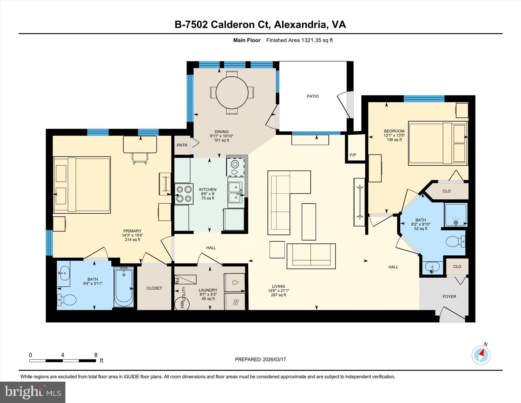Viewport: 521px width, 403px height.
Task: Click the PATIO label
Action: [x=313, y=96]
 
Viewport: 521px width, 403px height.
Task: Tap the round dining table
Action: [x=232, y=92]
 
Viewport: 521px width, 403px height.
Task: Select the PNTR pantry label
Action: [x=182, y=145]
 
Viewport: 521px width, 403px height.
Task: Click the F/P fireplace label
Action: [x=353, y=155]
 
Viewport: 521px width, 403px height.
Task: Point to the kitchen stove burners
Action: [x=184, y=194]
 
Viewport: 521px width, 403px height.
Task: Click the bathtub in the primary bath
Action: [x=124, y=287]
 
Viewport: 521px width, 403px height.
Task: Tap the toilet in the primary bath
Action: [x=66, y=300]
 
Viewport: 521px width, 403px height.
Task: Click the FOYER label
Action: [x=449, y=296]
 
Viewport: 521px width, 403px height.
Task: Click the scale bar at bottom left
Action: [x=63, y=360]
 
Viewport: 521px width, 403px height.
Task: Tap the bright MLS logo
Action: [x=33, y=392]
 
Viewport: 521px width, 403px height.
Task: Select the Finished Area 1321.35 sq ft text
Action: [x=299, y=40]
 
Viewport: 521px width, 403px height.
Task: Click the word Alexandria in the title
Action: [x=300, y=25]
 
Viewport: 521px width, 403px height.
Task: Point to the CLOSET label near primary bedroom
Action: [x=154, y=288]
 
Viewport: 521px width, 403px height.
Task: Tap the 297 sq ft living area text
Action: [x=279, y=295]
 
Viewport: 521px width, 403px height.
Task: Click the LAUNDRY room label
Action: [x=208, y=290]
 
